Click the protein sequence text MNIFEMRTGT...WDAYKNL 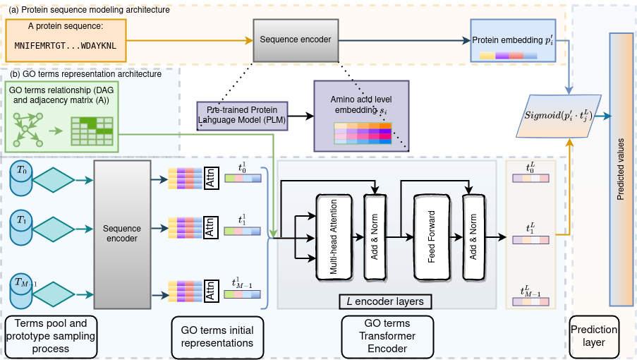[66, 44]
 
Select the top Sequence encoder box [296, 40]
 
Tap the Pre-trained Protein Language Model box [242, 116]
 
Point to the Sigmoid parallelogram [562, 114]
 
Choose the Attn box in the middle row [210, 230]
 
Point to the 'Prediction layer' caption [595, 336]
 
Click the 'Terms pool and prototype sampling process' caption [47, 336]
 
